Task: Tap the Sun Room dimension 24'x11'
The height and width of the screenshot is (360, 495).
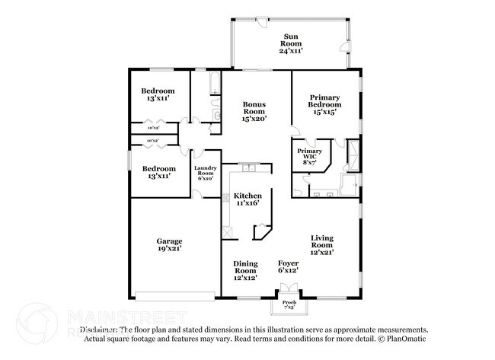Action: click(x=291, y=50)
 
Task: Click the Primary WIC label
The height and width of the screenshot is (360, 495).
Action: click(x=309, y=154)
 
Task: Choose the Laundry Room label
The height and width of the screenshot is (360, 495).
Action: click(x=206, y=171)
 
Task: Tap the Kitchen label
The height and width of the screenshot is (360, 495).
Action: click(x=247, y=195)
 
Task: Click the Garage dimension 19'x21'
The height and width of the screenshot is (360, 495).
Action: click(x=168, y=248)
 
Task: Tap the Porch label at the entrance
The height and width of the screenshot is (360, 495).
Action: click(x=289, y=301)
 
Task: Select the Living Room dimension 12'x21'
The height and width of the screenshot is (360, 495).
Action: click(x=321, y=252)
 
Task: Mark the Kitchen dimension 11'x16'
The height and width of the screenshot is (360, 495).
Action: click(x=247, y=203)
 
